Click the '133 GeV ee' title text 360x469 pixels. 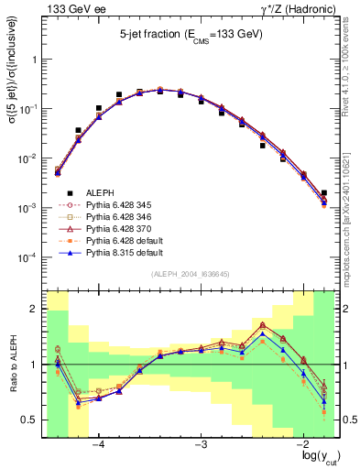point(71,8)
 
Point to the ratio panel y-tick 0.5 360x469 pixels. point(31,420)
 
